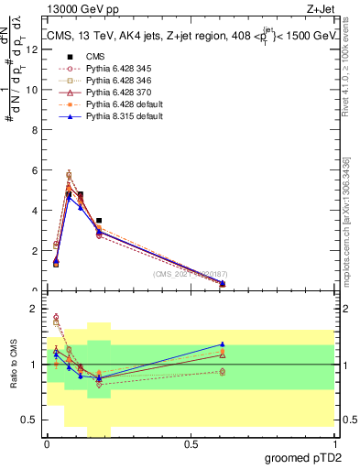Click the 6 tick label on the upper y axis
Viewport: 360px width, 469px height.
[x=36, y=170]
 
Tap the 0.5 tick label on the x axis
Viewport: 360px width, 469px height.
[x=191, y=444]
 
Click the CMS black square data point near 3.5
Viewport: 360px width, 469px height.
[x=99, y=221]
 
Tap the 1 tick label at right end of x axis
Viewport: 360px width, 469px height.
[x=334, y=444]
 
